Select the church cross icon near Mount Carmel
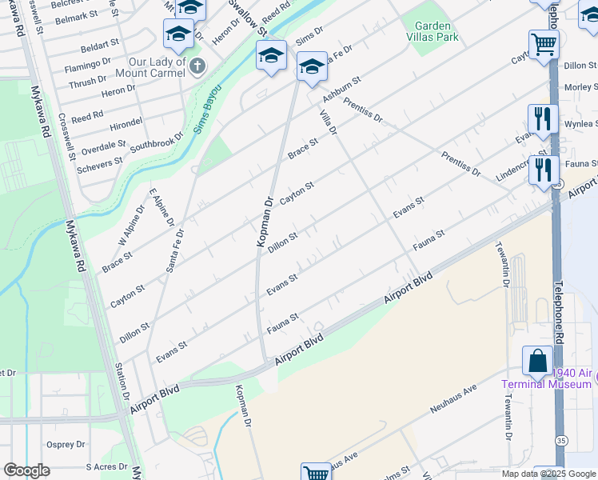[197, 66]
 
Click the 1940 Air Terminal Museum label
[547, 378]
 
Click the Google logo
[26, 470]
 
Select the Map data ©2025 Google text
[548, 474]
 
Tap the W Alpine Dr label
[131, 226]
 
